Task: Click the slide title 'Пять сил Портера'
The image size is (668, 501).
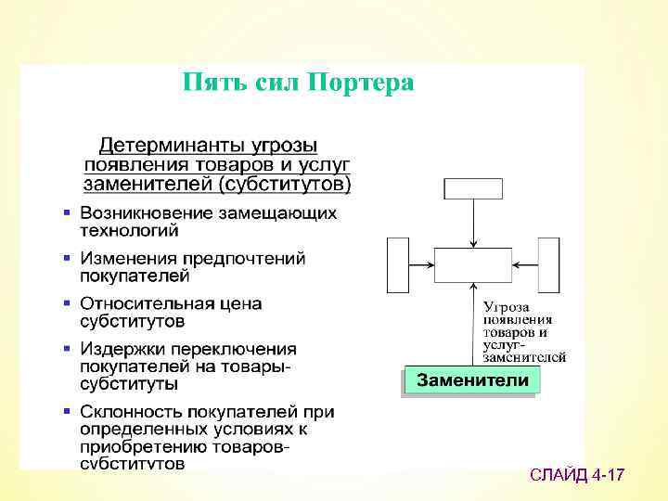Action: (x=298, y=83)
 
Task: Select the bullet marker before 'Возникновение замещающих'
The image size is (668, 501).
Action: (x=66, y=213)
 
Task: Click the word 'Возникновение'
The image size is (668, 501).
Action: (x=147, y=213)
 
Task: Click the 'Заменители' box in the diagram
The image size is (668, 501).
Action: (x=472, y=381)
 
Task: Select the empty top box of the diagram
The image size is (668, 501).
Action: (x=472, y=188)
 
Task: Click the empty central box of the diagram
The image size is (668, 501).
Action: (x=472, y=265)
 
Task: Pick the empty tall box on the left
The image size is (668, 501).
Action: (x=397, y=265)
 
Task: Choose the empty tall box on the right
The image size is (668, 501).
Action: (x=548, y=265)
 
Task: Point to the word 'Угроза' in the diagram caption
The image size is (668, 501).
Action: (x=507, y=306)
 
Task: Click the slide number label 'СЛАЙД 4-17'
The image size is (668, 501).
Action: (x=577, y=476)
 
